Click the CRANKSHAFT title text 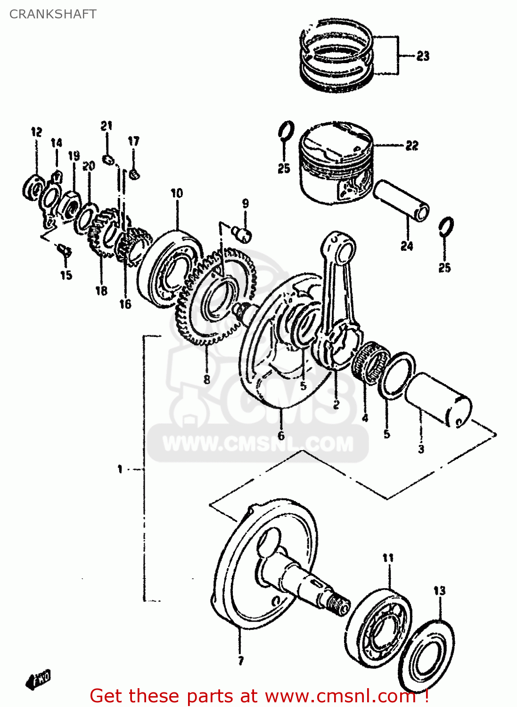click(53, 14)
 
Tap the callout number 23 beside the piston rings click(423, 56)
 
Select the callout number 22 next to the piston click(411, 146)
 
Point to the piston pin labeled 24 click(401, 201)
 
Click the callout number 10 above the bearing click(177, 193)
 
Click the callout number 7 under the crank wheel click(240, 661)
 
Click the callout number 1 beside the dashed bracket click(120, 469)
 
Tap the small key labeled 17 click(134, 174)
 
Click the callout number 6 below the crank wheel click(281, 435)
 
